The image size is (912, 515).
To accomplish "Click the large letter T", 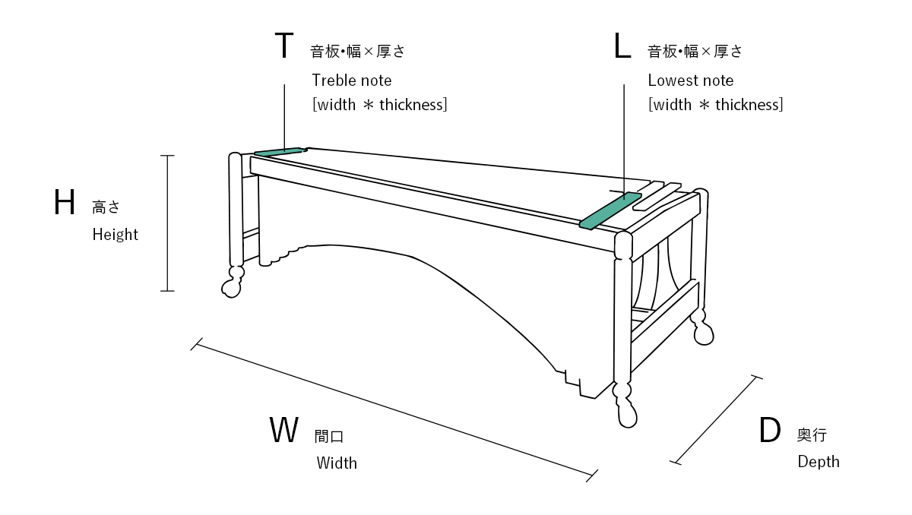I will pos(283,46).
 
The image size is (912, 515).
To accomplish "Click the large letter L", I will pos(622,46).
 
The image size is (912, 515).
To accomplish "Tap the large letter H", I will pos(65,204).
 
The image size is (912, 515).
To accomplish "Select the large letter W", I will pos(284,430).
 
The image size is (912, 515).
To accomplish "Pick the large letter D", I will pos(770,431).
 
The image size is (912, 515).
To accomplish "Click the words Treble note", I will pos(352,80).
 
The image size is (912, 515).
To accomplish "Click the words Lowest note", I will pos(691,80).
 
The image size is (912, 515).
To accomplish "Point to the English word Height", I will pos(116,235).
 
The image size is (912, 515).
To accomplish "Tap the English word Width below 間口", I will pos(337,463).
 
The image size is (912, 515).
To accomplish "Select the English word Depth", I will pos(819,462).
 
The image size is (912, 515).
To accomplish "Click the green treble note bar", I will pos(278,151).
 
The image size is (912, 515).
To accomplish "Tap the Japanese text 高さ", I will pos(106,207).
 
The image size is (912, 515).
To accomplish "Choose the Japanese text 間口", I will pos(329,437).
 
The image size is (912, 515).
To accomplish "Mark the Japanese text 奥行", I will pos(812,435).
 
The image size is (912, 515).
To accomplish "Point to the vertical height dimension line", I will pos(167,223).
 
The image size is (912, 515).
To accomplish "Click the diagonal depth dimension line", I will pos(715,419).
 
